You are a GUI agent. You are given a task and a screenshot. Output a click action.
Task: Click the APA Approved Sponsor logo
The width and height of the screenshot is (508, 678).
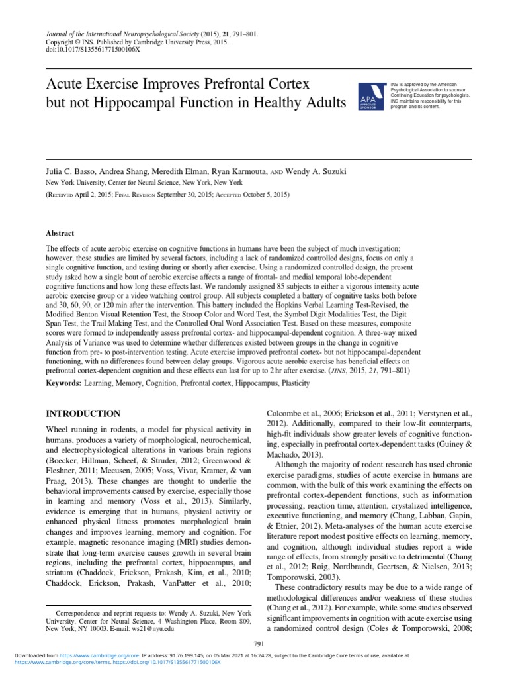point(370,97)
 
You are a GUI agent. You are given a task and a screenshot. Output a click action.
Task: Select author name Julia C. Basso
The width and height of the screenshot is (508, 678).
point(67,171)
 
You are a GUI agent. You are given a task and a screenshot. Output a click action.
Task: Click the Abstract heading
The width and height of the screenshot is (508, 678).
point(60,234)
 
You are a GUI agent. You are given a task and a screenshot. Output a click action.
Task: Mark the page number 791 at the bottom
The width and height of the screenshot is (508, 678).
point(259,644)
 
